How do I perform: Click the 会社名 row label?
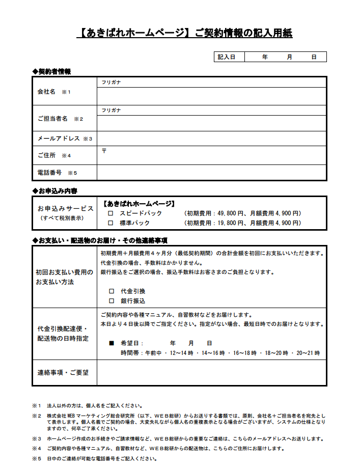point(46,92)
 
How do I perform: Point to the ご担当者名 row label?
point(52,118)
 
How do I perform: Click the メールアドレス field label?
point(59,139)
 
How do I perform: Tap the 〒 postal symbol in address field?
point(104,151)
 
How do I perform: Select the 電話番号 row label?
point(49,173)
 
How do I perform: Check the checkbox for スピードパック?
point(110,214)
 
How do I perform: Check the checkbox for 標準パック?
point(110,223)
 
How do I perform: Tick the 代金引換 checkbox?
point(112,291)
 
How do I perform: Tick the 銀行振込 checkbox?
point(112,301)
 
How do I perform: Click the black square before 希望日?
point(112,343)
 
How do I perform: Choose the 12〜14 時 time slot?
point(181,353)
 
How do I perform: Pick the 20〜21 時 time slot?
point(308,353)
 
